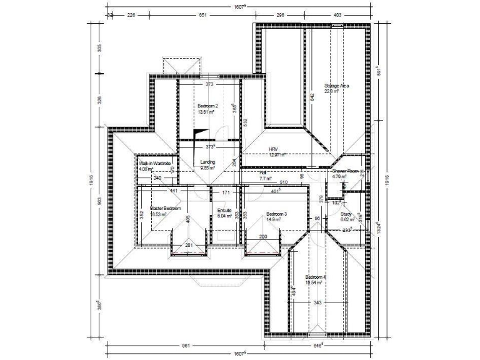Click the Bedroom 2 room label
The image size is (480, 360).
click(x=207, y=106)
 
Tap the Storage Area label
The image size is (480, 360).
click(x=336, y=86)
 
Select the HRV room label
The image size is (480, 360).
click(x=272, y=149)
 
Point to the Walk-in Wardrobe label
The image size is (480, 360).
click(x=155, y=163)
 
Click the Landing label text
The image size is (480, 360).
click(x=207, y=162)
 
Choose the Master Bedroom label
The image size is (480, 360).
click(x=166, y=207)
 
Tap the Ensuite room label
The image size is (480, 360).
click(x=224, y=211)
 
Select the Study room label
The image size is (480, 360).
click(x=347, y=214)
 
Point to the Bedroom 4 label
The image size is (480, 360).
click(x=316, y=277)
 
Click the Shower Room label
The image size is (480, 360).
click(x=345, y=171)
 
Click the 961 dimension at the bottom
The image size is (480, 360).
click(x=186, y=345)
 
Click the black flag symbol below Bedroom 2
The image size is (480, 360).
click(x=198, y=134)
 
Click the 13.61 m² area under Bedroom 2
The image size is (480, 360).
click(x=207, y=112)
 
